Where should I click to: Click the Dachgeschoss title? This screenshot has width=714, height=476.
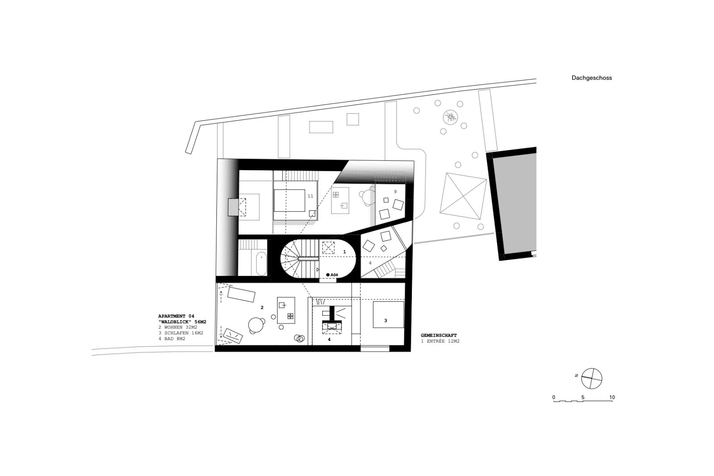592,78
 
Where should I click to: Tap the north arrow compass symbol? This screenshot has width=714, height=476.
592,378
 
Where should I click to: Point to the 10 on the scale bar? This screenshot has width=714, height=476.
612,398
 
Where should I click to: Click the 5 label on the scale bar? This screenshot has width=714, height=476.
583,398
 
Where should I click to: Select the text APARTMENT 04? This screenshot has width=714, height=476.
176,316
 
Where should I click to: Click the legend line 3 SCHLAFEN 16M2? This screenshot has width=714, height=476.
181,333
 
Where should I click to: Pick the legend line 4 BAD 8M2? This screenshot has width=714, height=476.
172,339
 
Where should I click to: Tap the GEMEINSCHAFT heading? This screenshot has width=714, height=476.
439,335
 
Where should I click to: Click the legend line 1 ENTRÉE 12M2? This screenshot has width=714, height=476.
440,341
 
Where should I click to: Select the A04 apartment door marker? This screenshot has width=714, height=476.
332,275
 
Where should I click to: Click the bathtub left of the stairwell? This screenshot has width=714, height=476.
262,264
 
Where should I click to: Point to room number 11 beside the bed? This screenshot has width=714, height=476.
311,196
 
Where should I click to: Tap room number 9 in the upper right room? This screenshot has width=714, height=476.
395,192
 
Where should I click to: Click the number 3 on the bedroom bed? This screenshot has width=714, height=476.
386,320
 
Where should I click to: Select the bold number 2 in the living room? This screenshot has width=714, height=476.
262,308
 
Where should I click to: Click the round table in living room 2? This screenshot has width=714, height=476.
256,325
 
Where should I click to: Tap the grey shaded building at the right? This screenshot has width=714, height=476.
515,203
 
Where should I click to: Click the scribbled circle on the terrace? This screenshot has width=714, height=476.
450,118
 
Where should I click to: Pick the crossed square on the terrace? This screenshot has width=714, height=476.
463,196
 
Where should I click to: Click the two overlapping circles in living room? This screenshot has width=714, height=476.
299,338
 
